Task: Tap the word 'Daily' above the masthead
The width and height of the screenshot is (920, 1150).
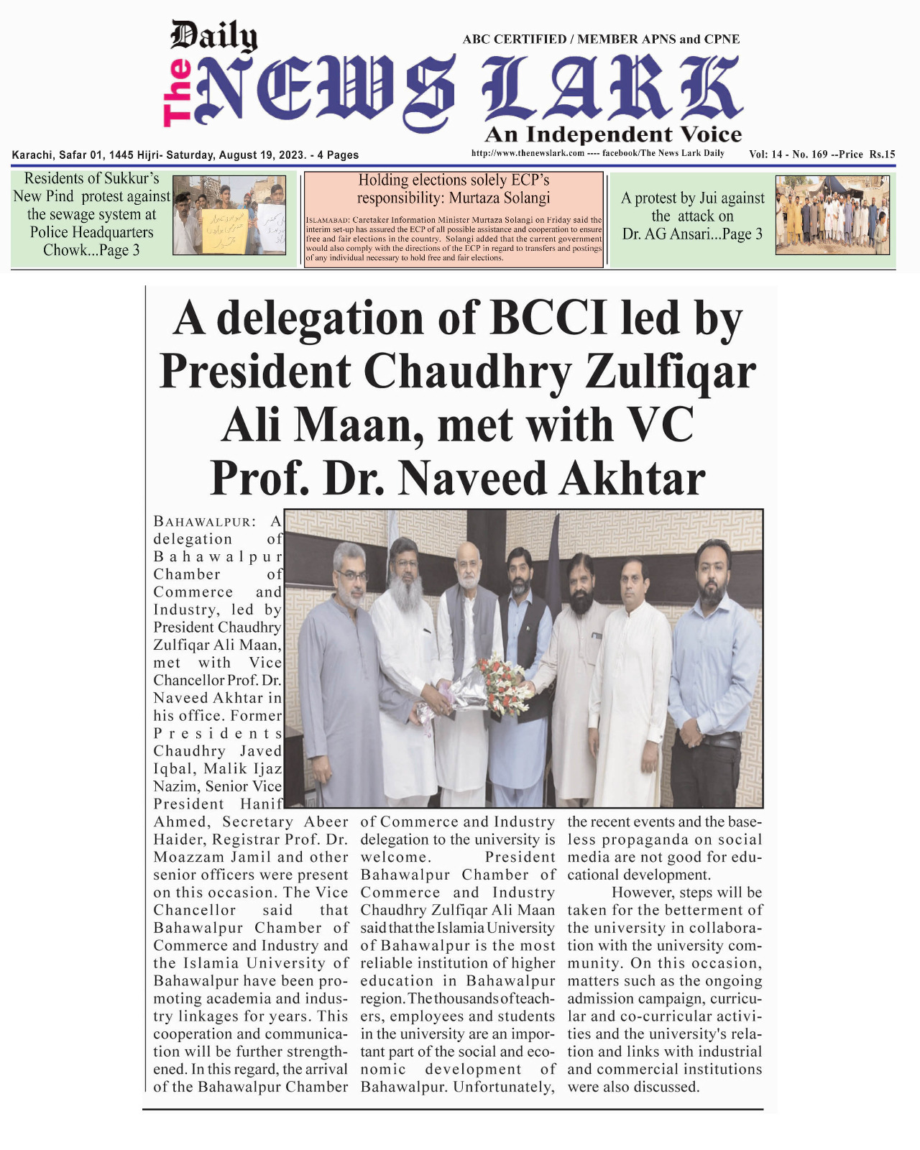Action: coord(213,36)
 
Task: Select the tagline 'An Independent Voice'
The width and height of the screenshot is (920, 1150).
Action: coord(613,134)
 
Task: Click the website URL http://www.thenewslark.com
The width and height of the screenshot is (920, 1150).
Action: coord(527,153)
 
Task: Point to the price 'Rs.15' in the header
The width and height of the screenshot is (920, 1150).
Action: coord(882,154)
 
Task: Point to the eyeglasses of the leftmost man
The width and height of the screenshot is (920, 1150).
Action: coord(352,576)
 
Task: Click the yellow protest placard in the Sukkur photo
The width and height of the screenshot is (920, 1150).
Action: coord(224,230)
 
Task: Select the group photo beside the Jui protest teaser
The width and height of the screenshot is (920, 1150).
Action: coord(832,215)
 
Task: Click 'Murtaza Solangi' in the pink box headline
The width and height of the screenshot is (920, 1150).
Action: coord(499,198)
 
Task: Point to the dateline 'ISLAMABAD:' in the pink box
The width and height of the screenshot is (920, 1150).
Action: coord(328,220)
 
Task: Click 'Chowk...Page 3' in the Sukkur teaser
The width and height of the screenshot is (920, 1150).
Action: coord(91,250)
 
